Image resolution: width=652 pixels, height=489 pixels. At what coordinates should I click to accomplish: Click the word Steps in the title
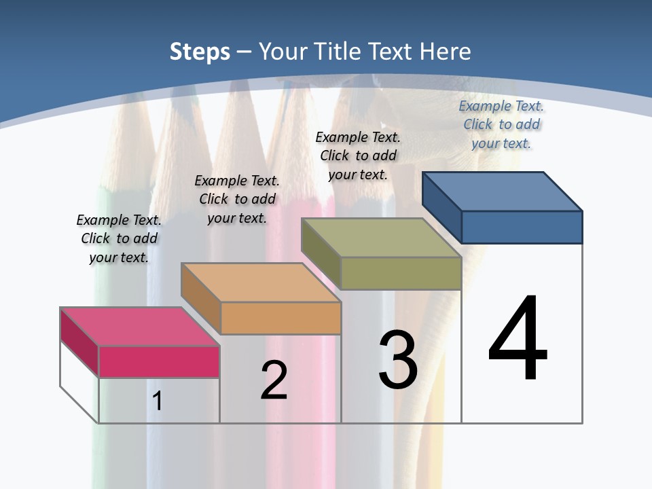[200, 52]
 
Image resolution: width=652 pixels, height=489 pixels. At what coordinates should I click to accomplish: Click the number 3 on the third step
[398, 360]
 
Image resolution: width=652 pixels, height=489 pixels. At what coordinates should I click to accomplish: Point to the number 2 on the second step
[274, 380]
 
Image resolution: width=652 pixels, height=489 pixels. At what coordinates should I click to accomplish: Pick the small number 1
[158, 401]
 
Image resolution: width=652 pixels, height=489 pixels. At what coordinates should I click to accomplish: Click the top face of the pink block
[140, 327]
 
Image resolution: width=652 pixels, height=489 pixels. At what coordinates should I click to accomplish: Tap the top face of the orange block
[261, 283]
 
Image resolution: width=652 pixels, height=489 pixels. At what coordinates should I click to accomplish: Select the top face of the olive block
[381, 238]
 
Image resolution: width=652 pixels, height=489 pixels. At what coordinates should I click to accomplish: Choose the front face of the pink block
[159, 361]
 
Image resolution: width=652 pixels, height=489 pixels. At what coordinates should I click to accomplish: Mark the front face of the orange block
[280, 318]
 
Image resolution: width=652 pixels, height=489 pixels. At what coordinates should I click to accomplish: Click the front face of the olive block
[401, 273]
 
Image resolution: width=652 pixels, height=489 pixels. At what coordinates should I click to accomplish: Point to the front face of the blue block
[522, 227]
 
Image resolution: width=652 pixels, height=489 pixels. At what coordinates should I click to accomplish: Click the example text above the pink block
[119, 238]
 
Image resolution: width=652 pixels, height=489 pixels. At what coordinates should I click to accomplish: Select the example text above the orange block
[237, 199]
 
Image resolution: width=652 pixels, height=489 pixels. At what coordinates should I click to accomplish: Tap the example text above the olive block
[358, 156]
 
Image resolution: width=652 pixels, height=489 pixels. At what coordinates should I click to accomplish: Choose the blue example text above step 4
[501, 124]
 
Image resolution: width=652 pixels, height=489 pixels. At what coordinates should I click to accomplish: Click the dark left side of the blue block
[441, 207]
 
